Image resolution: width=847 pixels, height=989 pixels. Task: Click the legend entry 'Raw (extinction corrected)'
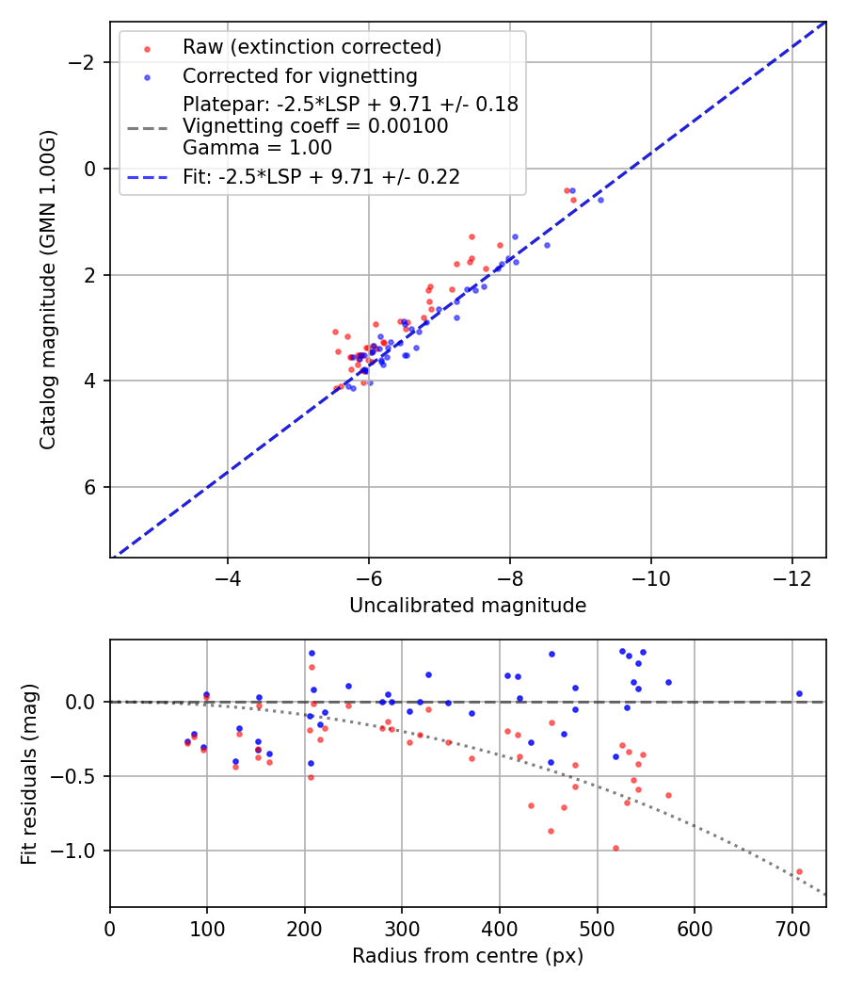click(x=312, y=47)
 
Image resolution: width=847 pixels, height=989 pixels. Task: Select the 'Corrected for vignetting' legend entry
click(x=300, y=75)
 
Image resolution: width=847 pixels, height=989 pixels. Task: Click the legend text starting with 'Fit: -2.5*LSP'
click(x=321, y=177)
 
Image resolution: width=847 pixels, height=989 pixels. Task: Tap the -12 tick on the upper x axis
click(x=791, y=579)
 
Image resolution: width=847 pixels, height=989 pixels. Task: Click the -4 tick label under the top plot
click(x=227, y=579)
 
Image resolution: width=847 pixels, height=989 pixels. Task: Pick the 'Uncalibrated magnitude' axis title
click(x=468, y=606)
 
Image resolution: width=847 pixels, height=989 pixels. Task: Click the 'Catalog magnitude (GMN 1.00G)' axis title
click(x=48, y=289)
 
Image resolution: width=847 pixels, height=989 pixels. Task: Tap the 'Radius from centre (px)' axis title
click(x=468, y=956)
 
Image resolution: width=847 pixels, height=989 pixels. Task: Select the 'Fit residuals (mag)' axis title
click(x=29, y=773)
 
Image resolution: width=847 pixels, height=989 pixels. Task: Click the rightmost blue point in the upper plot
click(x=600, y=200)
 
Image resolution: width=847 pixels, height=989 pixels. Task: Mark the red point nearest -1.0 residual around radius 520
click(x=615, y=848)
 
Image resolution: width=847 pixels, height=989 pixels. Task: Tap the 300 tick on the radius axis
click(x=402, y=929)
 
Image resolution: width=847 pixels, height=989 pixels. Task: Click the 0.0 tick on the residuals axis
click(x=85, y=702)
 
